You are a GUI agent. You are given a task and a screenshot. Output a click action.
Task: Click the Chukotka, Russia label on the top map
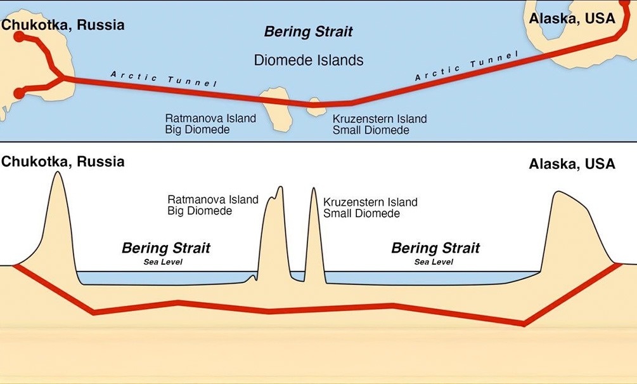click(x=63, y=25)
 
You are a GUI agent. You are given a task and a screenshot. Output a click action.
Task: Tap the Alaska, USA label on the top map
click(x=572, y=18)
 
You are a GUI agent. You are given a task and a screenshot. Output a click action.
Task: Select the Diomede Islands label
click(x=309, y=60)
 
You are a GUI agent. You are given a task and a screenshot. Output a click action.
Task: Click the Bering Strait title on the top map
click(x=308, y=32)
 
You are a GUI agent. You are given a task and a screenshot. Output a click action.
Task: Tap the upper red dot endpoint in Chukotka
click(x=19, y=37)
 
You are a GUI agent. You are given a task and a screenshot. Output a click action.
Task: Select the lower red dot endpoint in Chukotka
click(x=18, y=94)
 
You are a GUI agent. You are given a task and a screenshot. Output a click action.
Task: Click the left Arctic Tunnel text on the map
click(x=164, y=79)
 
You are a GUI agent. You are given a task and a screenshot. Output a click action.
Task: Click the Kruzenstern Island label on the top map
click(x=380, y=119)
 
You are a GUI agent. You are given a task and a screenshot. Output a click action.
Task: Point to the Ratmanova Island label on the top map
click(x=210, y=118)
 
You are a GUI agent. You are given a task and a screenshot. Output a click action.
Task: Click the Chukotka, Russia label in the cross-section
click(x=63, y=161)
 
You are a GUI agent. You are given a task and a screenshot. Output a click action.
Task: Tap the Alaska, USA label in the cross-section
click(x=572, y=164)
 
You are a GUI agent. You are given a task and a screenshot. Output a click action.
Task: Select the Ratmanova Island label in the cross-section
click(x=213, y=199)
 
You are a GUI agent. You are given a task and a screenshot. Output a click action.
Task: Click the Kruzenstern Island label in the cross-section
click(x=370, y=202)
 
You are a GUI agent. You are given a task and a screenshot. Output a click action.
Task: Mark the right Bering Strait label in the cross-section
click(x=435, y=248)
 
